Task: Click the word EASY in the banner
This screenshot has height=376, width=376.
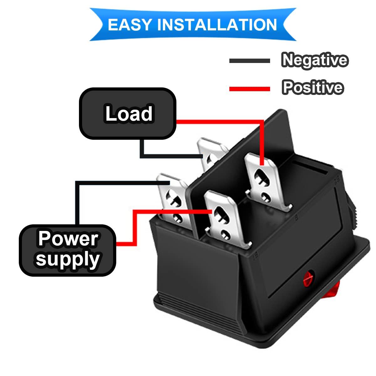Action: [129, 24]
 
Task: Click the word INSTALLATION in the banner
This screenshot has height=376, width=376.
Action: [217, 24]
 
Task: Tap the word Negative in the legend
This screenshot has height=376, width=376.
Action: [314, 60]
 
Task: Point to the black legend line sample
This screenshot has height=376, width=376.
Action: [249, 61]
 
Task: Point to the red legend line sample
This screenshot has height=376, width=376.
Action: [249, 89]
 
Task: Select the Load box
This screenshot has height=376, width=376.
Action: [128, 113]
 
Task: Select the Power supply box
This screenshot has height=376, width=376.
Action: [67, 250]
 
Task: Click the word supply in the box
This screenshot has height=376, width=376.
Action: [68, 259]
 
